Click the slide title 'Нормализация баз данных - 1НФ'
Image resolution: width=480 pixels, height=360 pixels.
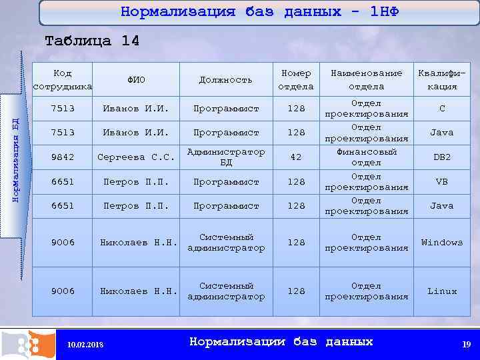(x=259, y=12)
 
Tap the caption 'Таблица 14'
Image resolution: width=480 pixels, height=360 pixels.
(x=92, y=41)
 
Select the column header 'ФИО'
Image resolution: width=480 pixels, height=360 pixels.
(x=136, y=80)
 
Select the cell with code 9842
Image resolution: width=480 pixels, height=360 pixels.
(x=63, y=157)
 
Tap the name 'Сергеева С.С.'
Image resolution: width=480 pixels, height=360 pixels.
(x=136, y=157)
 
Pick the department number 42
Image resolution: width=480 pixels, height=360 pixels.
(x=295, y=157)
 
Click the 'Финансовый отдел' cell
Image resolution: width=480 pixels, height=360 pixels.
(x=366, y=157)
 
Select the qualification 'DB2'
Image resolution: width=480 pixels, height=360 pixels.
(x=441, y=157)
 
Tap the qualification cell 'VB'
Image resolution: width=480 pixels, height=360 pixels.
(x=441, y=181)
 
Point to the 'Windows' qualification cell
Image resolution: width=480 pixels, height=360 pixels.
(x=441, y=242)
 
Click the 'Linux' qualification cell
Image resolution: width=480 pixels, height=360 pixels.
(x=441, y=291)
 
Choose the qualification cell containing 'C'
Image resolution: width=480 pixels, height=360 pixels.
(x=441, y=109)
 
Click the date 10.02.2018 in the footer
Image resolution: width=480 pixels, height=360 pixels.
(x=86, y=345)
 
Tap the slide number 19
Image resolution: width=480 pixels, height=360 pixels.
(x=466, y=344)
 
